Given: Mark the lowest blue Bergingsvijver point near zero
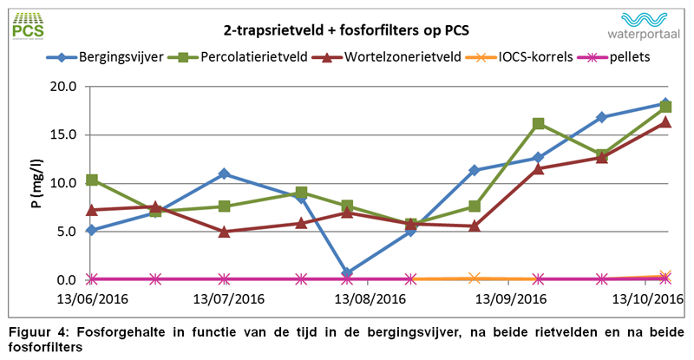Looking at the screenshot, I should tap(347, 273).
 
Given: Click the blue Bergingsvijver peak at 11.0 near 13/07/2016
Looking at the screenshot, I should tap(225, 173).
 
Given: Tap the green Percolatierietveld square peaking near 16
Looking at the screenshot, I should tap(539, 124).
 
